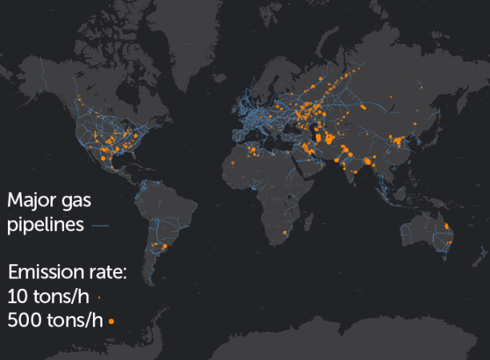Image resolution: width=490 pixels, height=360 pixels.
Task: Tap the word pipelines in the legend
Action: (x=45, y=224)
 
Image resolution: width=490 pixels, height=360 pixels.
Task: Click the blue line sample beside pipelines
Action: (x=99, y=226)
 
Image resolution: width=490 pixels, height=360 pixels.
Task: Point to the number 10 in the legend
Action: (x=17, y=297)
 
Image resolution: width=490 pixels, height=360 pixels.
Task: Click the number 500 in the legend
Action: (x=22, y=321)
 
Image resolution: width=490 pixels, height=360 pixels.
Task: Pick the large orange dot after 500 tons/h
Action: (x=111, y=322)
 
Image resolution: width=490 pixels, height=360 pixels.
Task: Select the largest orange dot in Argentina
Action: (x=164, y=247)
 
